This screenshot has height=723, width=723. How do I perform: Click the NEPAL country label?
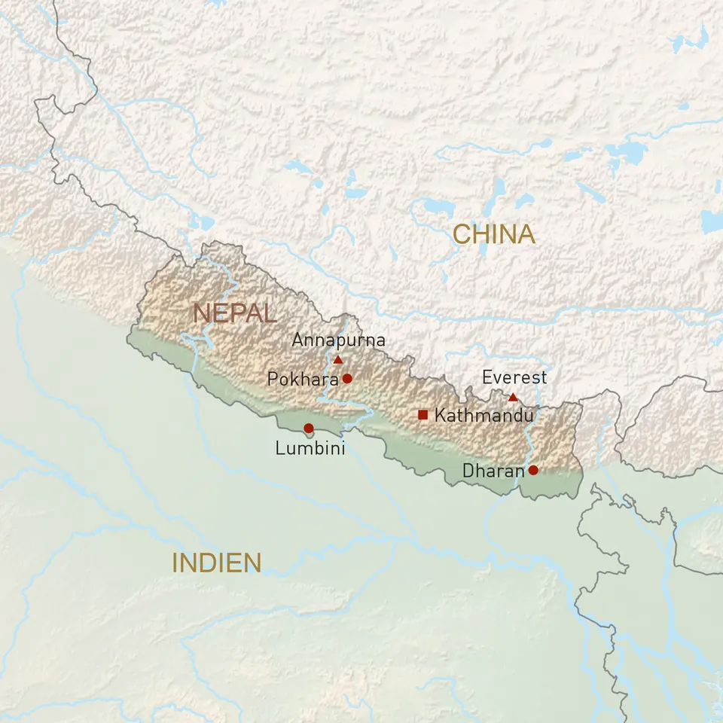(x=234, y=313)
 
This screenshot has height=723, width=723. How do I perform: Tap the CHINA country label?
(x=494, y=234)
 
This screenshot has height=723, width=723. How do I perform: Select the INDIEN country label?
(x=217, y=563)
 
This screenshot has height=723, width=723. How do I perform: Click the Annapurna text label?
(x=338, y=340)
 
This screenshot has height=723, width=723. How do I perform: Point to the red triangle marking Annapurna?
(x=338, y=360)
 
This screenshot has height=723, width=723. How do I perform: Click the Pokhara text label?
(x=303, y=380)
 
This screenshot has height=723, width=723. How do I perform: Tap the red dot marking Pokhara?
(x=347, y=378)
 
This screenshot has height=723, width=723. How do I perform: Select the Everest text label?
(x=514, y=377)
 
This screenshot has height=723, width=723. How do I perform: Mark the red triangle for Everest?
(x=513, y=397)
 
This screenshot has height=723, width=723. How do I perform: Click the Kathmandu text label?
(x=484, y=415)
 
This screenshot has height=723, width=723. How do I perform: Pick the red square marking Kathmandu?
(x=423, y=414)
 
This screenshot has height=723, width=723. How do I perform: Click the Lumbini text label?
(x=310, y=449)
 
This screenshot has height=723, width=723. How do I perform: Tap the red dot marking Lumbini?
(x=308, y=428)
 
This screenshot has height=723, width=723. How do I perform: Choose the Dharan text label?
(x=493, y=471)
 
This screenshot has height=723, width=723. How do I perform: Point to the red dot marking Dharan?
(x=533, y=470)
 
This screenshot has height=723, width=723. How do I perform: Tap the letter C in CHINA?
(x=462, y=234)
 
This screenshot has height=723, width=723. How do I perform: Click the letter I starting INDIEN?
(x=175, y=563)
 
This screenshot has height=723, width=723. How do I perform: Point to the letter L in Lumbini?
(x=279, y=449)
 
